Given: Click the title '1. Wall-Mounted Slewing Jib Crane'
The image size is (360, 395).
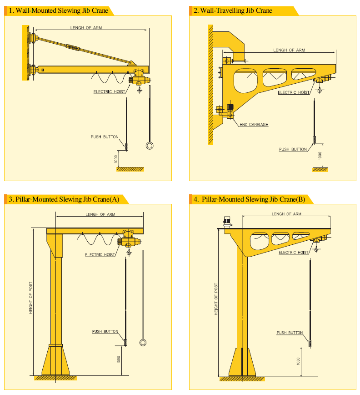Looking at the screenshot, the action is (58, 10).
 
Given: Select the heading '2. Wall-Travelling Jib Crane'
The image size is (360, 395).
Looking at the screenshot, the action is (233, 10).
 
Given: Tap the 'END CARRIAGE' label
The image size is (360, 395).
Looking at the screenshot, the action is (254, 124).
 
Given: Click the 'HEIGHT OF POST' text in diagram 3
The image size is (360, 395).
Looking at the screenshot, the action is (31, 298).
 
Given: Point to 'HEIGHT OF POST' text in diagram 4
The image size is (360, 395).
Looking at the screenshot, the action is (216, 299).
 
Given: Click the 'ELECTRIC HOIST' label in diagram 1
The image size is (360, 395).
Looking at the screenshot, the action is (109, 92).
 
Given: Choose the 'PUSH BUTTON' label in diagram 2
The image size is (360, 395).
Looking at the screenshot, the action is (293, 149).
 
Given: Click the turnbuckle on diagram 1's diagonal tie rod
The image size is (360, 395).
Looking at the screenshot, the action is (73, 47).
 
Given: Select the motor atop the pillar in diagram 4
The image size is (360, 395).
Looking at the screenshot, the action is (227, 221).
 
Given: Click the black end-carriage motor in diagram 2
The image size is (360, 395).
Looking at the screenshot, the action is (230, 107).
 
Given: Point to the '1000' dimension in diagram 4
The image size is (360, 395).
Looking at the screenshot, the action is (298, 361).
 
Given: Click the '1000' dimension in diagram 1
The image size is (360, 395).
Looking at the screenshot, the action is (116, 159).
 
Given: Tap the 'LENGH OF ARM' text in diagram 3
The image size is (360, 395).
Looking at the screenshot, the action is (100, 214).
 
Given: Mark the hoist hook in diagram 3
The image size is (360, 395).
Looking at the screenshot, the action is (129, 252).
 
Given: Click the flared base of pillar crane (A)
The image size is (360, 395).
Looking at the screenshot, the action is (55, 360).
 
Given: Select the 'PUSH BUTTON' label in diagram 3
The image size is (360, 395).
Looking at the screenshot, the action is (105, 331).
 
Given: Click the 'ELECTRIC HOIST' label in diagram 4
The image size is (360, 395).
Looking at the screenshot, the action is (294, 253).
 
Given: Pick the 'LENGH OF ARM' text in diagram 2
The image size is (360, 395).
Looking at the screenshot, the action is (289, 50).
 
